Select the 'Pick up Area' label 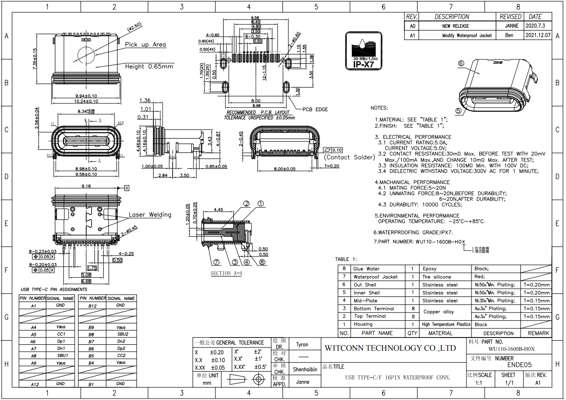pos(146,45)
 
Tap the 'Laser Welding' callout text pos(150,215)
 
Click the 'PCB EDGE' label pos(315,109)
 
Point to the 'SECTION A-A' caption pos(226,274)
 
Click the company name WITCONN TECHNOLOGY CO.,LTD pos(390,348)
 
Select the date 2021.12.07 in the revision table pos(538,35)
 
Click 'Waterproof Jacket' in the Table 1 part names pos(375,277)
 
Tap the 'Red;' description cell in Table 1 pos(480,277)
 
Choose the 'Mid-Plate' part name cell pos(365,301)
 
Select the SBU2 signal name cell pos(121,334)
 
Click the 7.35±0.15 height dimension pos(35,59)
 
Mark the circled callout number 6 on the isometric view pos(461,64)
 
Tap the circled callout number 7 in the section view pos(216,262)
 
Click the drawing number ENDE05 pos(519,365)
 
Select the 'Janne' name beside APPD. pos(302,382)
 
